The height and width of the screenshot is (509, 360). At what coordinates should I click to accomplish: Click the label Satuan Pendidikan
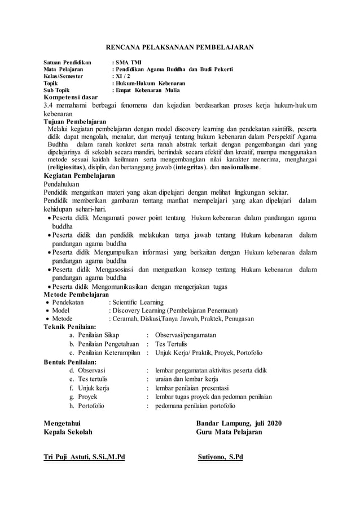68,62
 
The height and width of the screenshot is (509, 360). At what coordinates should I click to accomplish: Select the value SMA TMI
129,62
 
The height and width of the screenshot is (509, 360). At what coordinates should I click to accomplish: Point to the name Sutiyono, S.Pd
221,457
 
